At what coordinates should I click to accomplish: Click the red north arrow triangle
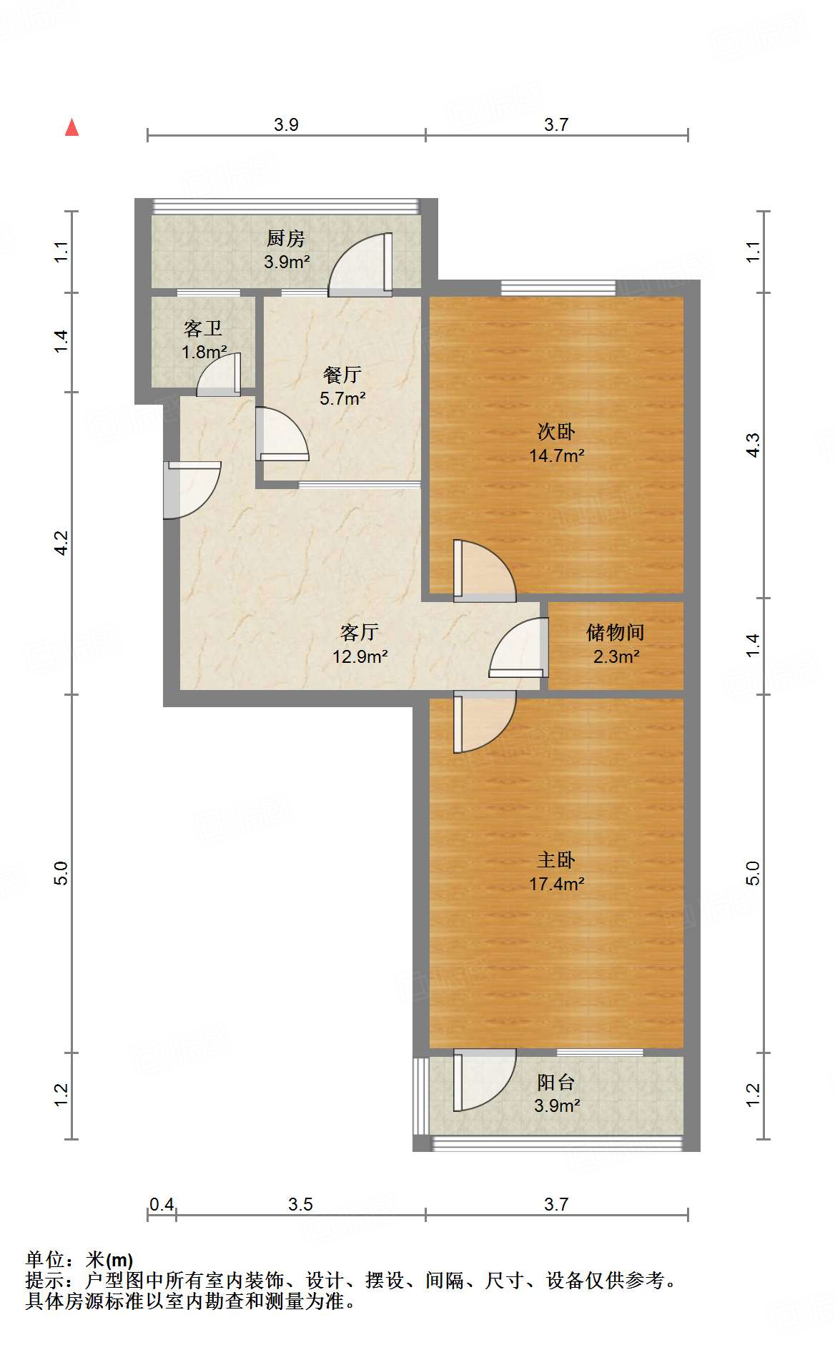click(x=71, y=127)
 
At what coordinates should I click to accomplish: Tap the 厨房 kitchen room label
click(x=286, y=238)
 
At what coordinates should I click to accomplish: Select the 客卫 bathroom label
click(x=203, y=328)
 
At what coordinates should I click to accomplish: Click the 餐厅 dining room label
click(x=342, y=374)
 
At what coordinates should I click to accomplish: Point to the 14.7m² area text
click(x=557, y=455)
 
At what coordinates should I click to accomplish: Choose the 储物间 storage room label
click(x=616, y=632)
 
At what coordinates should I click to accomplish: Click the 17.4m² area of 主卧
click(x=557, y=884)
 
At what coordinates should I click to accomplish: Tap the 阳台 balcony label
click(x=556, y=1083)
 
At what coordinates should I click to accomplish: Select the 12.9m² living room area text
click(x=360, y=656)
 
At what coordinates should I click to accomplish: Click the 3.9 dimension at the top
click(x=286, y=125)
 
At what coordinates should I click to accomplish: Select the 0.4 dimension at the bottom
click(x=162, y=1205)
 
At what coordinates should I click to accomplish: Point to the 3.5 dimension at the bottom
click(x=301, y=1205)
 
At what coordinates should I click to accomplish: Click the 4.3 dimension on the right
click(x=753, y=445)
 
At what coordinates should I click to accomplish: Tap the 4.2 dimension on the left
click(x=62, y=543)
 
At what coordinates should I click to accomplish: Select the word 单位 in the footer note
click(x=45, y=1260)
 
